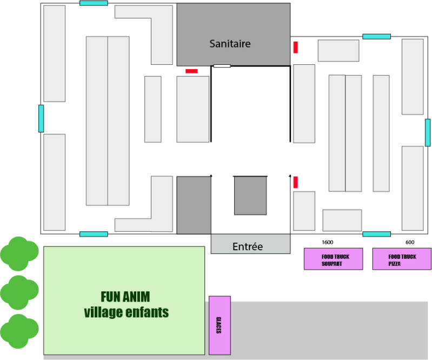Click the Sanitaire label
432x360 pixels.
coord(230,44)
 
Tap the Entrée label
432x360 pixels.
coord(247,246)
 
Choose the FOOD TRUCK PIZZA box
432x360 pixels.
coord(402,259)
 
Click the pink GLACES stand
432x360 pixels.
coord(220,325)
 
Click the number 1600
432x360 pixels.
coord(327,242)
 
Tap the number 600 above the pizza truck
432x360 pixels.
coord(410,242)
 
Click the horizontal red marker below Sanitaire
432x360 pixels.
coord(191,71)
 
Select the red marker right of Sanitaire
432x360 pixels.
coord(296,47)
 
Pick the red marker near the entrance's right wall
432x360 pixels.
coord(296,182)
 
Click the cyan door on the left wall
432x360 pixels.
coord(41,118)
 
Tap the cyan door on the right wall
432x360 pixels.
coord(427,132)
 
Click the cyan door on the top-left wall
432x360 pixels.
coord(94,3)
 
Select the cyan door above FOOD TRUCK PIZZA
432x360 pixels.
coord(376,234)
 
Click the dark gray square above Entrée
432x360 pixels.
coord(250,195)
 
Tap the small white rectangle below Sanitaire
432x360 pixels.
coord(222,66)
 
